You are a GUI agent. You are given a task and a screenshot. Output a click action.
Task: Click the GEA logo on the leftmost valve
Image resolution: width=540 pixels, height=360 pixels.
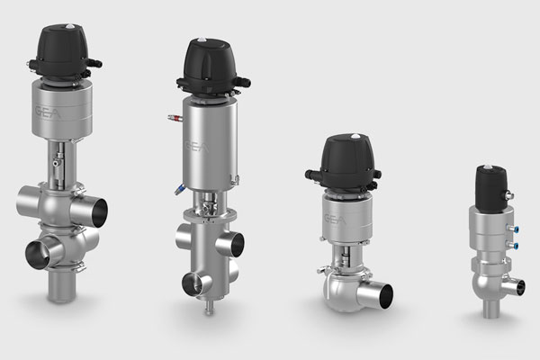49,112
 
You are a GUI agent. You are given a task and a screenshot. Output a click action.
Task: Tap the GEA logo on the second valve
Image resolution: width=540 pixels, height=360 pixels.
197,146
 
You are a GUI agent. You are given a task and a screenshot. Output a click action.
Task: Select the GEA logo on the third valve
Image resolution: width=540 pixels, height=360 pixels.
336,219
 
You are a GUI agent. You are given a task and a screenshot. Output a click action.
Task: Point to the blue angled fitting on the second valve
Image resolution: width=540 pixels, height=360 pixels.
179,190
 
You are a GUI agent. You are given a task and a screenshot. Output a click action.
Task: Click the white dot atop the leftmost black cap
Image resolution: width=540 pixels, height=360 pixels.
70,26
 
